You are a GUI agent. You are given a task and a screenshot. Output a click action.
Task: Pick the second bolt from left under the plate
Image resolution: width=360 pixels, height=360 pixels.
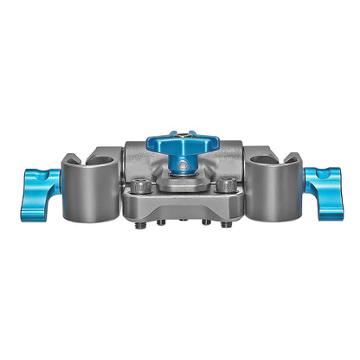pyautogui.click(x=161, y=222)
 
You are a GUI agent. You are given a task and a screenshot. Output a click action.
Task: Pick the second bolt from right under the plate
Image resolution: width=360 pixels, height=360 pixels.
pyautogui.click(x=205, y=222)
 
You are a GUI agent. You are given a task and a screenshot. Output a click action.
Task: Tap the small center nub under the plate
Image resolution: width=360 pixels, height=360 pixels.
pyautogui.click(x=183, y=222)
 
